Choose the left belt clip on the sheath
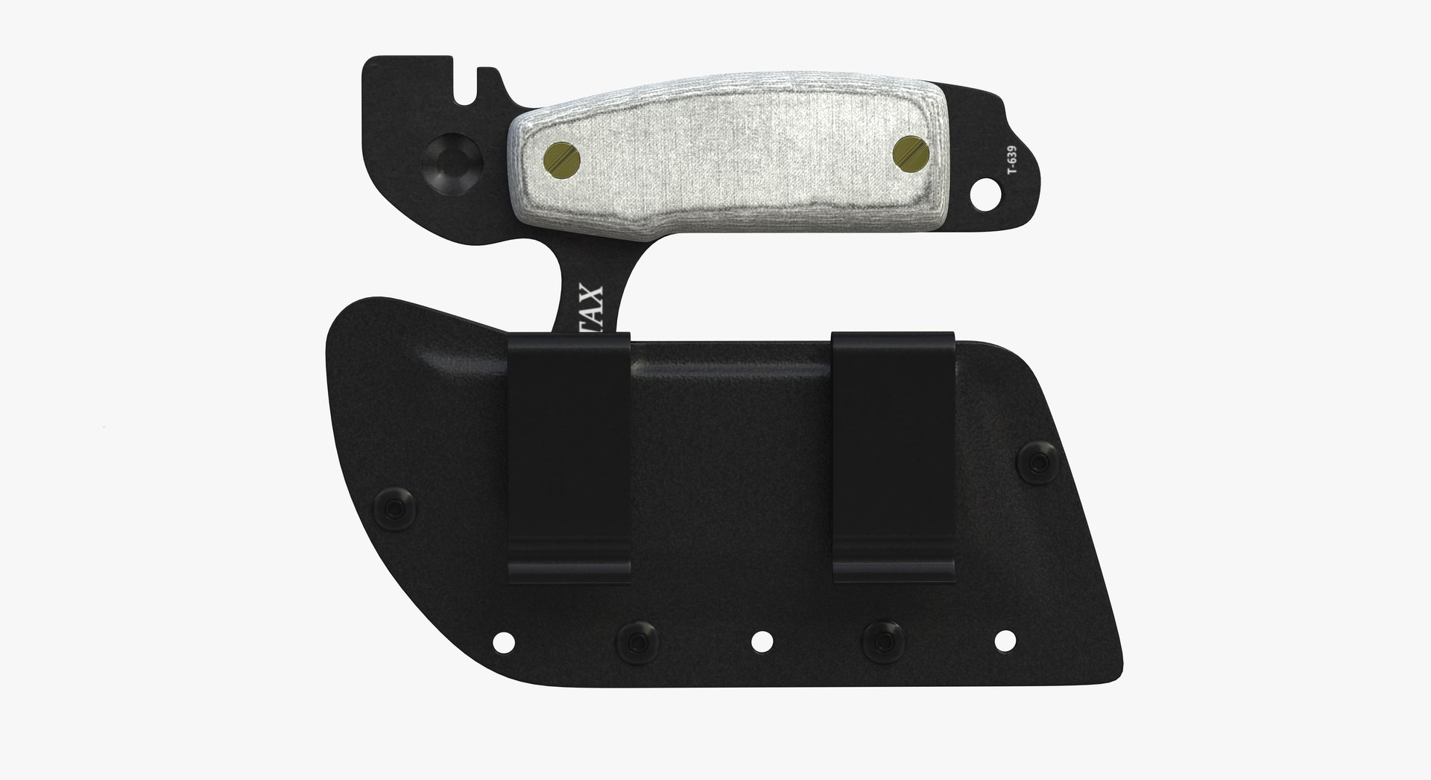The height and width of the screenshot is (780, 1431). (x=568, y=455)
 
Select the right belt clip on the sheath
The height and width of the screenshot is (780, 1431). (x=894, y=455)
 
